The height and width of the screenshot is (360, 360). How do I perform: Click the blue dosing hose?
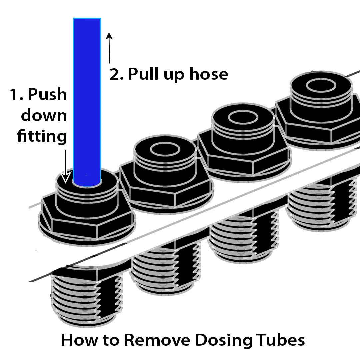(x=87, y=100)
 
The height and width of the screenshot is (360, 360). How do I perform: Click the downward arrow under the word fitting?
(x=66, y=167)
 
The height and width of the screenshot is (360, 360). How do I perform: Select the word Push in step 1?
(x=47, y=95)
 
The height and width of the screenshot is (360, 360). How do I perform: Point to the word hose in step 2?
(x=209, y=74)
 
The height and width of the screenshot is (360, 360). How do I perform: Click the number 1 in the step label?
(x=14, y=95)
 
